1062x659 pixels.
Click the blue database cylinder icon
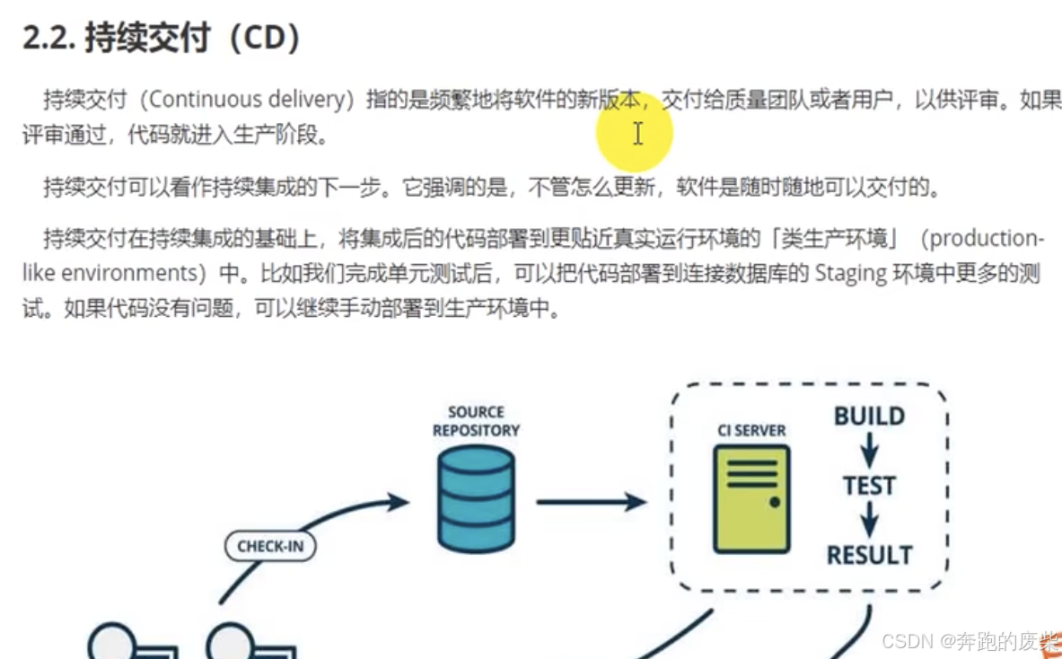pos(476,500)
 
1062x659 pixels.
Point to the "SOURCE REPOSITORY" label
pos(476,421)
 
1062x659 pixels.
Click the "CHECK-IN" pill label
pos(270,546)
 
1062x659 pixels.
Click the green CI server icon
pos(751,499)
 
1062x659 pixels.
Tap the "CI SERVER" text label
pos(752,431)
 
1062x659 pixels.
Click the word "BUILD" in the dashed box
pos(869,417)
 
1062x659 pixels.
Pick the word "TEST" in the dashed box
pos(869,486)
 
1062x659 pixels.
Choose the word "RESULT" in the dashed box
pos(869,555)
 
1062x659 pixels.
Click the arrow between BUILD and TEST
pos(869,451)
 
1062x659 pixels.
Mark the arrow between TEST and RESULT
pos(869,520)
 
